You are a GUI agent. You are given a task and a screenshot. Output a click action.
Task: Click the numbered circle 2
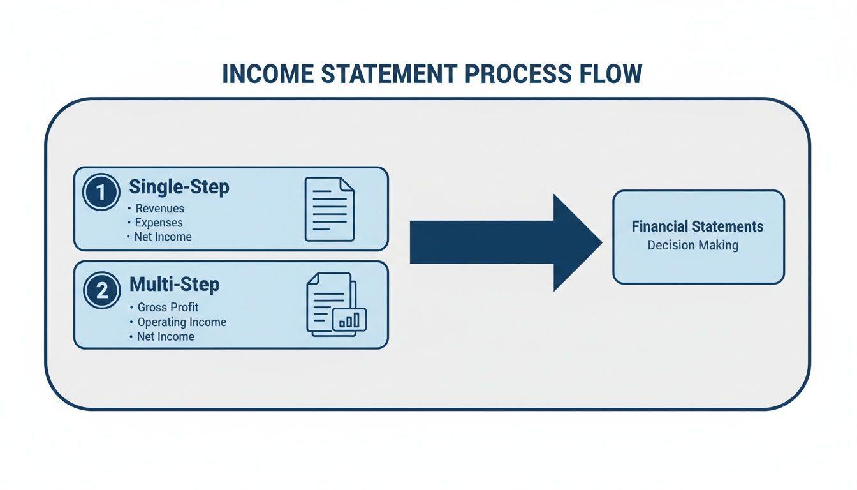click(101, 291)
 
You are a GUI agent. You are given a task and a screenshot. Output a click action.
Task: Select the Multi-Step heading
click(174, 284)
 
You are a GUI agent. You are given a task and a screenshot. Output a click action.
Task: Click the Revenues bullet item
click(159, 209)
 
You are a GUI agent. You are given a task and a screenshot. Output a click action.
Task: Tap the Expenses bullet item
click(159, 223)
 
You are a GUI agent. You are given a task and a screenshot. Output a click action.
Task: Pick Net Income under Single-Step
click(163, 237)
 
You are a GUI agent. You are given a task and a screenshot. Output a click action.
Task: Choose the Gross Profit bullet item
click(168, 308)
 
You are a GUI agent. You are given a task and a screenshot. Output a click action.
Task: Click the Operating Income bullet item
click(182, 322)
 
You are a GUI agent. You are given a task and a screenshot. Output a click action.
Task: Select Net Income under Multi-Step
click(165, 336)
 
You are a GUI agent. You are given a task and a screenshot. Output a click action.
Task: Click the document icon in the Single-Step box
click(329, 209)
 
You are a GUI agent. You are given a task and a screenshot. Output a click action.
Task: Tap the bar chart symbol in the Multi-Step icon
click(349, 320)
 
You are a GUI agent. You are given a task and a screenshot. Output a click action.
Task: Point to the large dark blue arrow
click(504, 242)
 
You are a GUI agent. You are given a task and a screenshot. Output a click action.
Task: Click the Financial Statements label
click(698, 226)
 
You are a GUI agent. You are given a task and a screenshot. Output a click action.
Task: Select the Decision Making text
click(692, 246)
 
